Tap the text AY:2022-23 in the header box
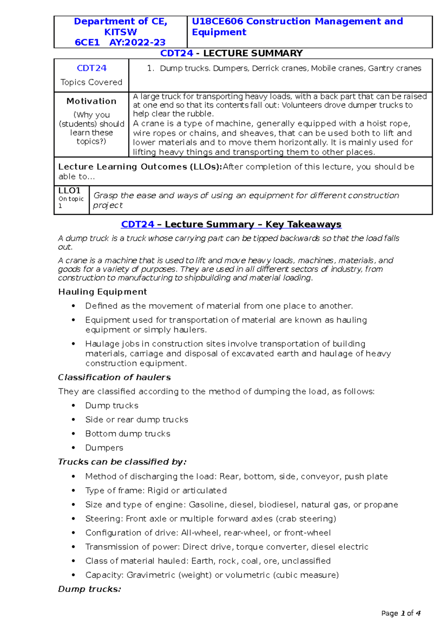(137, 42)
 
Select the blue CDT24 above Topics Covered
(92, 68)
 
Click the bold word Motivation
(91, 101)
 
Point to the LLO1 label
(69, 190)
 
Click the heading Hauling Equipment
(102, 292)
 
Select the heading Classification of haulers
(114, 377)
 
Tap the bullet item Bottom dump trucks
(127, 434)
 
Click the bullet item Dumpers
(104, 448)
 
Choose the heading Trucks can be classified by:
(122, 462)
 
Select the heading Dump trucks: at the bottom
(89, 589)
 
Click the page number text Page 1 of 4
(401, 613)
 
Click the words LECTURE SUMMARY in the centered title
(253, 53)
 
